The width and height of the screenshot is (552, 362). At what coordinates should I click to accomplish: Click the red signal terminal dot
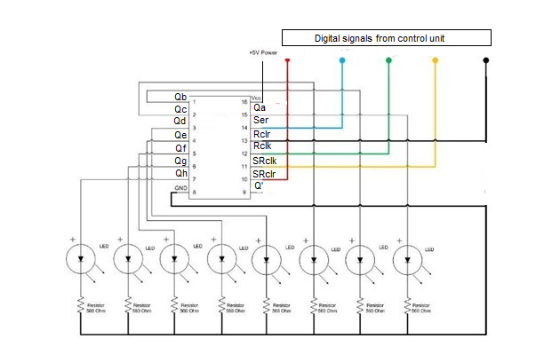(x=287, y=60)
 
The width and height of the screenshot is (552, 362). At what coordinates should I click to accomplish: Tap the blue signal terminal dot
(x=343, y=60)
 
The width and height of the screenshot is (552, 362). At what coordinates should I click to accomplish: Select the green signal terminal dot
(x=388, y=60)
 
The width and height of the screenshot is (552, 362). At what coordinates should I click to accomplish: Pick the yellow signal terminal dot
(x=435, y=60)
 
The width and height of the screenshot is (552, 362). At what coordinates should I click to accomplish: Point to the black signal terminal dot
(x=485, y=60)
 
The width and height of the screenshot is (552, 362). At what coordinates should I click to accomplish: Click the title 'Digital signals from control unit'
(x=386, y=38)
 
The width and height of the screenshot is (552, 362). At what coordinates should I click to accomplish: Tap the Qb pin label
(x=180, y=96)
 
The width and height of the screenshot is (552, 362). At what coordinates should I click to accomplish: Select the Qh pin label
(x=180, y=174)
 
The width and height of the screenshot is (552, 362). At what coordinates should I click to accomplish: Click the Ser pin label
(x=261, y=120)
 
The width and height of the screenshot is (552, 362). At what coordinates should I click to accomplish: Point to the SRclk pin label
(x=266, y=161)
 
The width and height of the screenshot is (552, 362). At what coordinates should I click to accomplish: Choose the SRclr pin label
(x=265, y=174)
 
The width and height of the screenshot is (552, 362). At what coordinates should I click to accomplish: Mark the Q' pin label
(x=258, y=186)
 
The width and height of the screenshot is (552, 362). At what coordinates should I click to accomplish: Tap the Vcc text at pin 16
(x=257, y=98)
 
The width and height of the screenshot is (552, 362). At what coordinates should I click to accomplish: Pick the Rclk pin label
(x=262, y=146)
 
